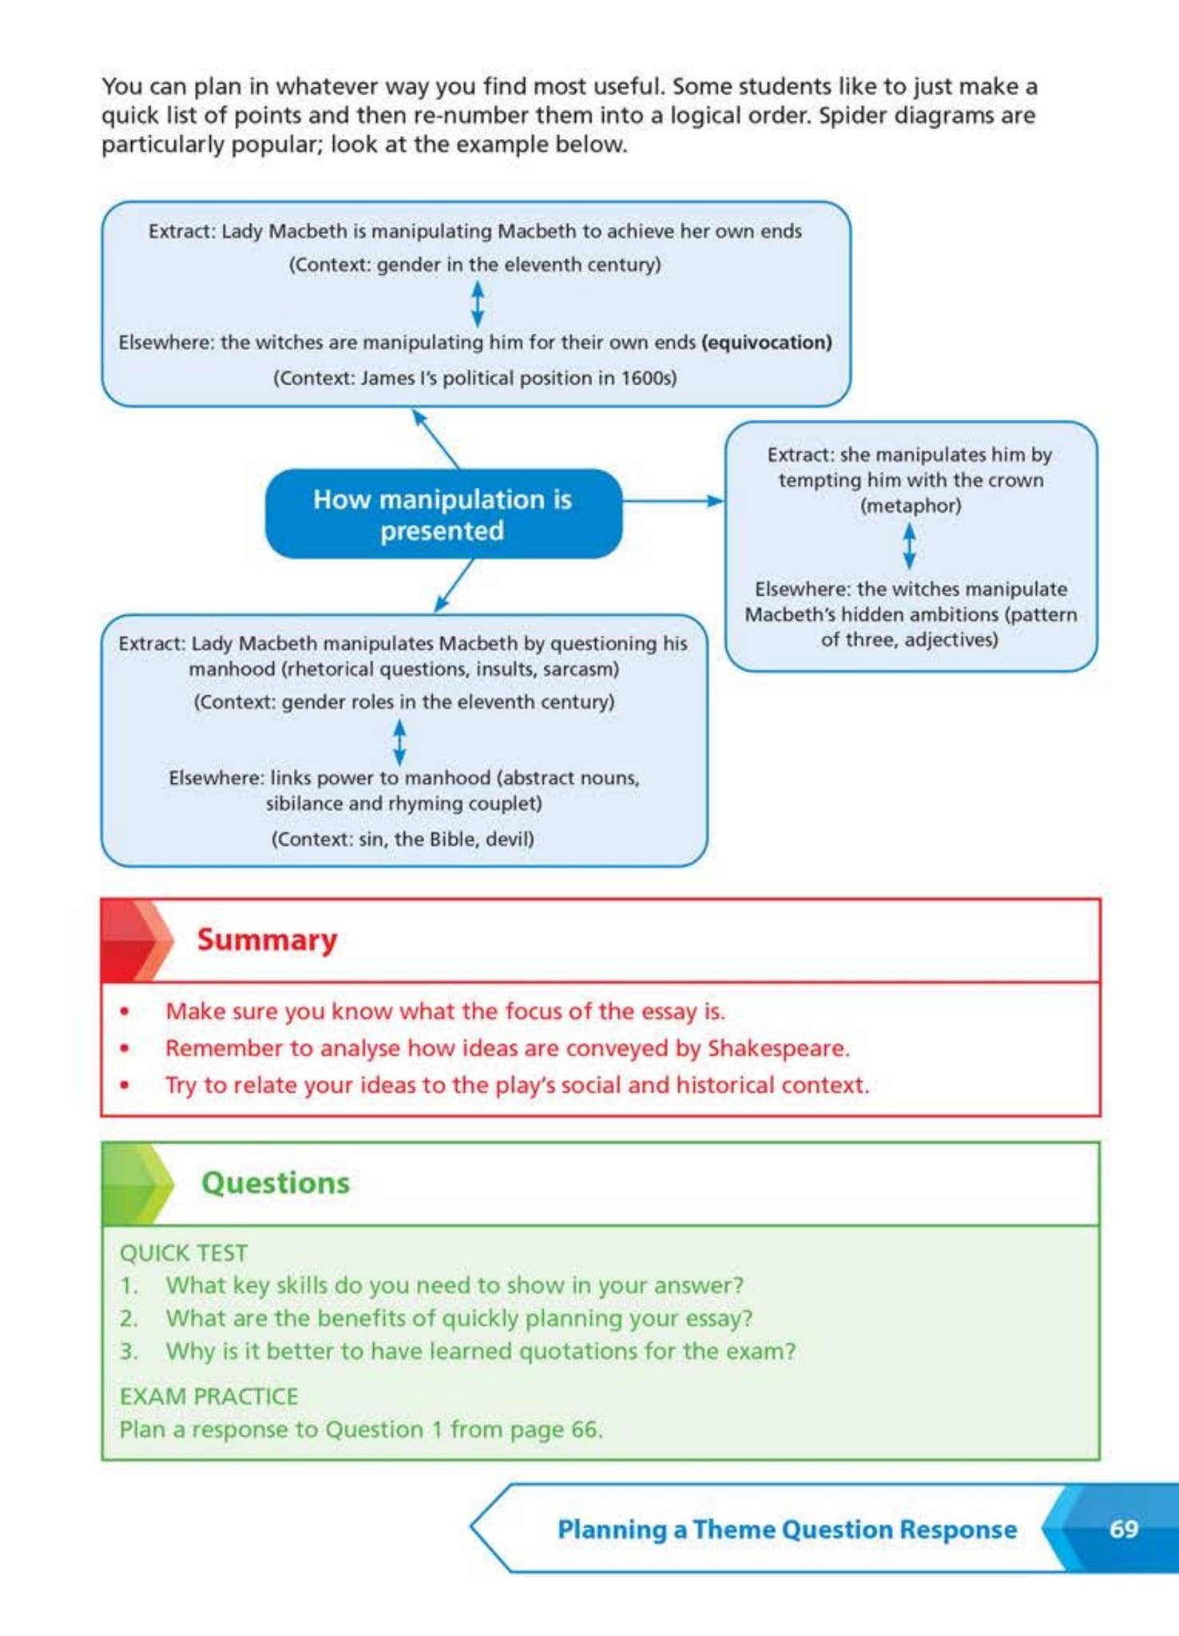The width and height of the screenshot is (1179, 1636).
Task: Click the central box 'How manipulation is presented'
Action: click(443, 514)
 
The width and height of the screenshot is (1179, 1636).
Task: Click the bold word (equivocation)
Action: click(767, 342)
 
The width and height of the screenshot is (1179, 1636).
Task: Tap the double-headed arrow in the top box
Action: click(477, 304)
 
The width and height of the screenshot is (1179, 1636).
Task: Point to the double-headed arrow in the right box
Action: click(909, 546)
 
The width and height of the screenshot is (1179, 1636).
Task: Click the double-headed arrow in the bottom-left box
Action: click(399, 741)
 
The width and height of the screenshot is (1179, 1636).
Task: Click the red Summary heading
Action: click(267, 939)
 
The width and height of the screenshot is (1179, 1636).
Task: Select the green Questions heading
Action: click(275, 1183)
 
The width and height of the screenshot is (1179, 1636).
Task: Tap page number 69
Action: click(1123, 1528)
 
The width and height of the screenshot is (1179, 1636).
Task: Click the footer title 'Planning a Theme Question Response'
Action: click(787, 1529)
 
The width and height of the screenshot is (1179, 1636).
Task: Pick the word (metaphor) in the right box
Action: click(910, 506)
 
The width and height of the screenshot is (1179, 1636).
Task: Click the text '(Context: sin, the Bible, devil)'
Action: click(403, 839)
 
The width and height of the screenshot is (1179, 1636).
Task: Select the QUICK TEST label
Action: click(184, 1253)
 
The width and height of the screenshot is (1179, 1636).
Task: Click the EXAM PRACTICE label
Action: click(208, 1396)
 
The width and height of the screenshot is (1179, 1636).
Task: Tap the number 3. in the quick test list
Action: click(129, 1351)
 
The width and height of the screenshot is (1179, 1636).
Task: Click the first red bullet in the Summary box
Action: click(125, 1011)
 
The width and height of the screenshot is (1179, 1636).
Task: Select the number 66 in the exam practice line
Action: click(585, 1429)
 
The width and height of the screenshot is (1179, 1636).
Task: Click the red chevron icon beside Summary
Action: click(137, 940)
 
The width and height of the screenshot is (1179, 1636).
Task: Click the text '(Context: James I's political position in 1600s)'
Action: click(474, 378)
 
